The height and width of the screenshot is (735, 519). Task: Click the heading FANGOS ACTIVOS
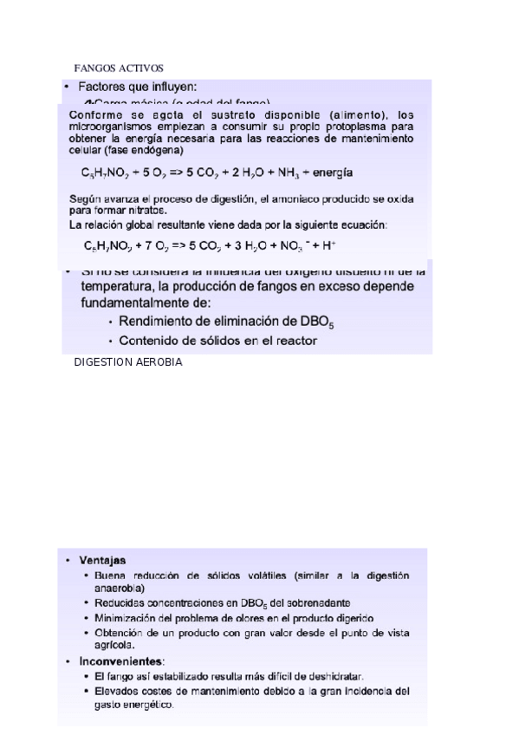(x=119, y=68)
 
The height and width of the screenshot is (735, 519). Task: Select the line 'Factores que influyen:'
(x=138, y=86)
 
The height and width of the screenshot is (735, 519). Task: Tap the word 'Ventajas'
(x=102, y=560)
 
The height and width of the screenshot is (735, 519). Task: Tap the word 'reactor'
(x=295, y=340)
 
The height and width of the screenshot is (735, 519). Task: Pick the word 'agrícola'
(x=114, y=645)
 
